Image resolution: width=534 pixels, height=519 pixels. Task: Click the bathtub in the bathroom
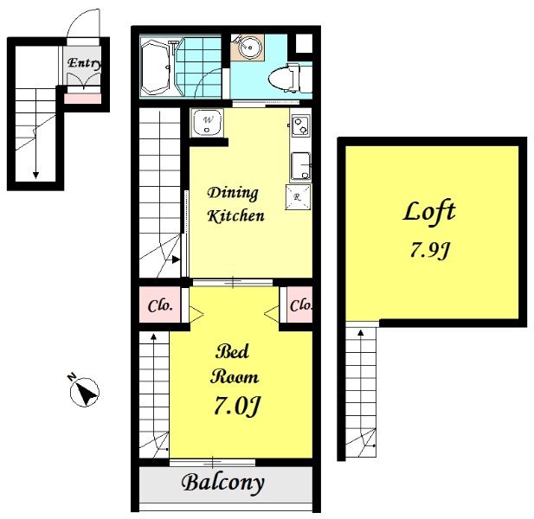[x=155, y=67]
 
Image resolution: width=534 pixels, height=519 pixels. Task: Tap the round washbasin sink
[x=249, y=47]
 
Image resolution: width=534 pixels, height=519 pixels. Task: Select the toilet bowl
[x=286, y=78]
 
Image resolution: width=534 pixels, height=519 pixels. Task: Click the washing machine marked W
[x=207, y=123]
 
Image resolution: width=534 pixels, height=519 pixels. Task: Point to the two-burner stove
[x=300, y=126]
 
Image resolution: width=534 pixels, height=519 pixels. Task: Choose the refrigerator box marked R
[x=298, y=197]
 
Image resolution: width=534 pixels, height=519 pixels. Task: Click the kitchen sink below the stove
[x=300, y=166]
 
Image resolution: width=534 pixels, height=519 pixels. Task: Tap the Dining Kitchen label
[x=235, y=204]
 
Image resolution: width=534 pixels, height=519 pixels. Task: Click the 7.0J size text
[x=236, y=406]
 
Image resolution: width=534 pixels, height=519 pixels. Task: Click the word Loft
[x=428, y=213]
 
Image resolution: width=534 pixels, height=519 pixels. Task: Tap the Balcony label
[x=223, y=483]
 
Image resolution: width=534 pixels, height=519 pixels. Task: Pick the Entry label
[x=84, y=63]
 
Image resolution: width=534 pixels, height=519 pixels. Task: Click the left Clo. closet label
[x=160, y=305]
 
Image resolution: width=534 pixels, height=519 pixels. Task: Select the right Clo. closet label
[x=300, y=305]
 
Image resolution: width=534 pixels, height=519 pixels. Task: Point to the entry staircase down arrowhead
[x=35, y=175]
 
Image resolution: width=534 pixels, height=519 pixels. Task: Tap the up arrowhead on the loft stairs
[x=361, y=332]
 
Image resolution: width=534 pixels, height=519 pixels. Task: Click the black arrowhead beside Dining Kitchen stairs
[x=176, y=260]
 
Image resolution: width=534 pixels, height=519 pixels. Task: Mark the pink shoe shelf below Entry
[x=83, y=99]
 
